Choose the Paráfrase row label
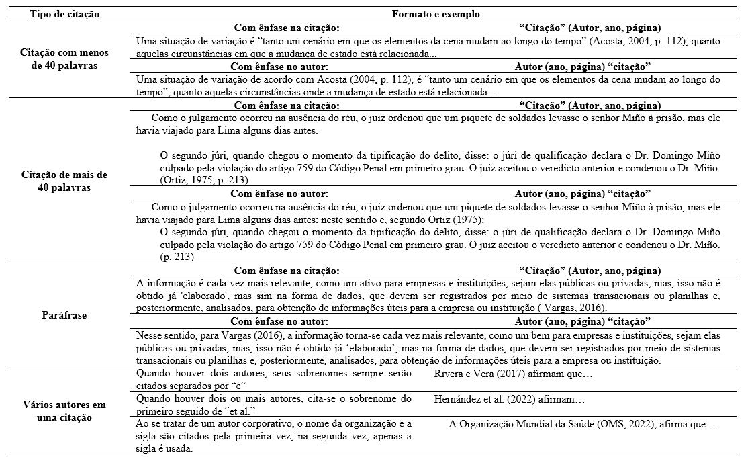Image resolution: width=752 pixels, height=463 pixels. click(x=60, y=314)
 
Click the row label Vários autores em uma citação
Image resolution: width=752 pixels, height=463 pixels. click(x=60, y=411)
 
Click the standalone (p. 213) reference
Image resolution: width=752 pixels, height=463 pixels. click(x=177, y=257)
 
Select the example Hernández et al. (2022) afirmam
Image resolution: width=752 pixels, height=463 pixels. click(x=510, y=400)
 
